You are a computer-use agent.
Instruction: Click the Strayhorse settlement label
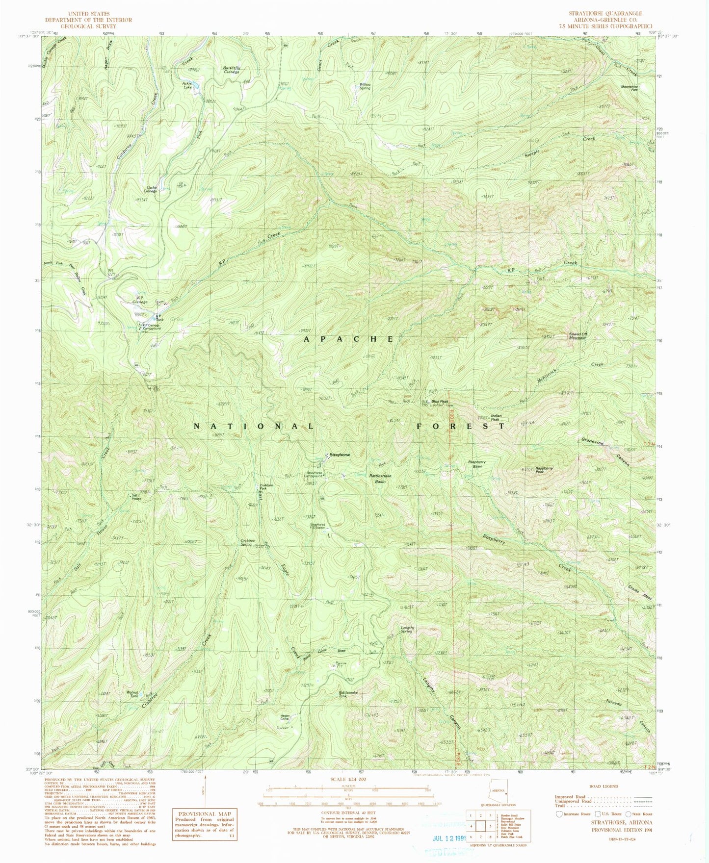coord(340,455)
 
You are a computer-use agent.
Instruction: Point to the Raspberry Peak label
coord(544,469)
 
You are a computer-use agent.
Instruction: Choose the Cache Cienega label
coord(150,189)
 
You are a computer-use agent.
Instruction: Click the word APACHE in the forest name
coord(348,339)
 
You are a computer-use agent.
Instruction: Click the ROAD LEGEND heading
coord(604,786)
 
